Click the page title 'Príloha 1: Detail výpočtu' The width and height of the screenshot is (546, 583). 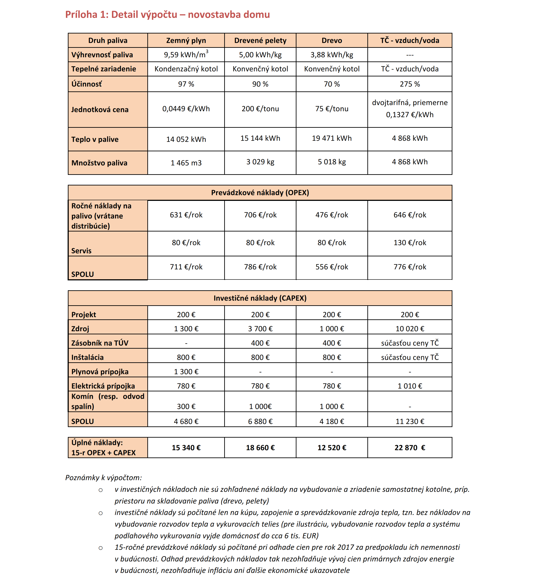[x=167, y=15]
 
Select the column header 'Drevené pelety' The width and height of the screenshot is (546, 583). [x=260, y=41]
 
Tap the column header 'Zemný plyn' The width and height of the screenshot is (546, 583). [x=186, y=41]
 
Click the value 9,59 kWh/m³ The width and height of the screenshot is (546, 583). [x=186, y=55]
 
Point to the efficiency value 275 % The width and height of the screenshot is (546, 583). [x=410, y=84]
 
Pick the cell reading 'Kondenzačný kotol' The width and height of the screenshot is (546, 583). [x=186, y=69]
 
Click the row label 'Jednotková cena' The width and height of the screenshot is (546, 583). [x=100, y=110]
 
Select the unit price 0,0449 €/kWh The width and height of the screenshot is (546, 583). [x=186, y=109]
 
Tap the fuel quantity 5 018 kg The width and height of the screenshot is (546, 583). [x=332, y=162]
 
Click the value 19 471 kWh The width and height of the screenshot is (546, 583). [x=332, y=138]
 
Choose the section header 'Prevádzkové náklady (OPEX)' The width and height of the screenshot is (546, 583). [x=260, y=193]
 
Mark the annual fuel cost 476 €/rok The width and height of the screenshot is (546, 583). [x=332, y=215]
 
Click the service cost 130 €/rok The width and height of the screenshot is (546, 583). [x=410, y=242]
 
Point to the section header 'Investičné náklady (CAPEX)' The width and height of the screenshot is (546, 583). [x=260, y=298]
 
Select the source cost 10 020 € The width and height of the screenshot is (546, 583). [x=410, y=329]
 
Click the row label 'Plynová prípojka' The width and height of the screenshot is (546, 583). [x=100, y=372]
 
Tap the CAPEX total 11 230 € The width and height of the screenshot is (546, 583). [x=410, y=421]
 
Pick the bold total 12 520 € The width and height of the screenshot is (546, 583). [x=332, y=448]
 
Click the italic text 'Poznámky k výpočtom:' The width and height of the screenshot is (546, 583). [x=104, y=478]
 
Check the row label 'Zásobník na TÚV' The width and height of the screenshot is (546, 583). [x=100, y=343]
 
